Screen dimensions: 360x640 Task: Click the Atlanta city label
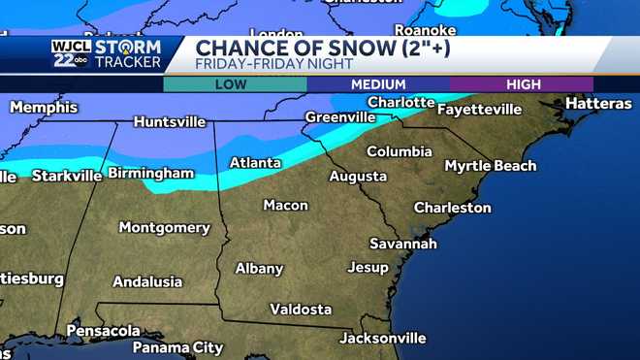click(256, 163)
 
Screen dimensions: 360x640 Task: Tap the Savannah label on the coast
click(402, 244)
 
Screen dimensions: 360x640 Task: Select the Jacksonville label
click(382, 338)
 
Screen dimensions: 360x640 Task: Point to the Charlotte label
click(400, 102)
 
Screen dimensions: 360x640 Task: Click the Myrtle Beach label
click(490, 166)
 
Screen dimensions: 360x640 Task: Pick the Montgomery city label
click(164, 227)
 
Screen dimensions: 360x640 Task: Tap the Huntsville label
click(170, 122)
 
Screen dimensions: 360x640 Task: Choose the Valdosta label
click(301, 310)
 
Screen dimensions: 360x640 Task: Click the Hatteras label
click(598, 103)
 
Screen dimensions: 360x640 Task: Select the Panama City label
click(177, 346)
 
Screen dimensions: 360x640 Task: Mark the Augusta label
click(358, 177)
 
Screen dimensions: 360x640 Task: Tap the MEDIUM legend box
click(377, 84)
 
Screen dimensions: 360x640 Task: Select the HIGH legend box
click(521, 84)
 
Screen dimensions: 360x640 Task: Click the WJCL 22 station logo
click(71, 54)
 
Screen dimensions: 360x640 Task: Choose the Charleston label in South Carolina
click(452, 208)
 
